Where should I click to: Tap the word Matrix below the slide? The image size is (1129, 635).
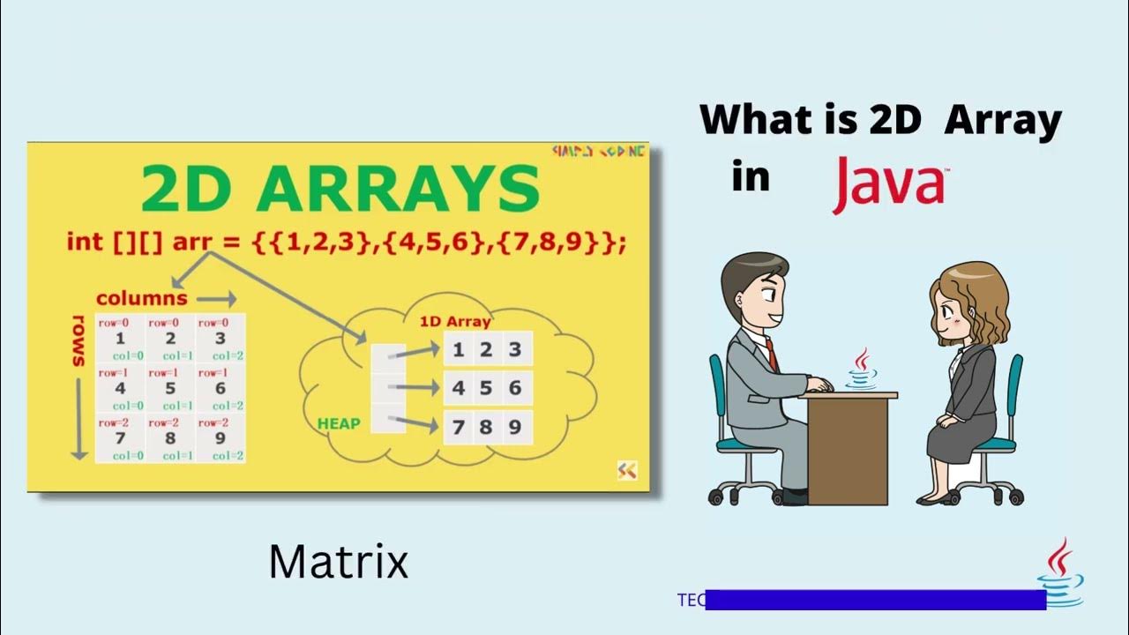click(339, 562)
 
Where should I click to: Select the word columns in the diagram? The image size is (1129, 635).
click(141, 298)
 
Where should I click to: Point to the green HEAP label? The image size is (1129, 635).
click(339, 423)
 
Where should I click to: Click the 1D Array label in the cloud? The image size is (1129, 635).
click(454, 322)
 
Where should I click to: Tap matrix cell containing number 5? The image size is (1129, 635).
click(170, 388)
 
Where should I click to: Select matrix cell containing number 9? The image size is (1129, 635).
click(220, 438)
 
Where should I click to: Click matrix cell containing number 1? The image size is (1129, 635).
click(121, 339)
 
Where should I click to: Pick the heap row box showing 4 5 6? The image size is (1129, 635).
click(487, 388)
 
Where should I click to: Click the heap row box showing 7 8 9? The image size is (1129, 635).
click(487, 428)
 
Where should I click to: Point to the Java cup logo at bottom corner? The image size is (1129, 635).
click(1061, 573)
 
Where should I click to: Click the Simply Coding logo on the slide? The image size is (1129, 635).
click(598, 152)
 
